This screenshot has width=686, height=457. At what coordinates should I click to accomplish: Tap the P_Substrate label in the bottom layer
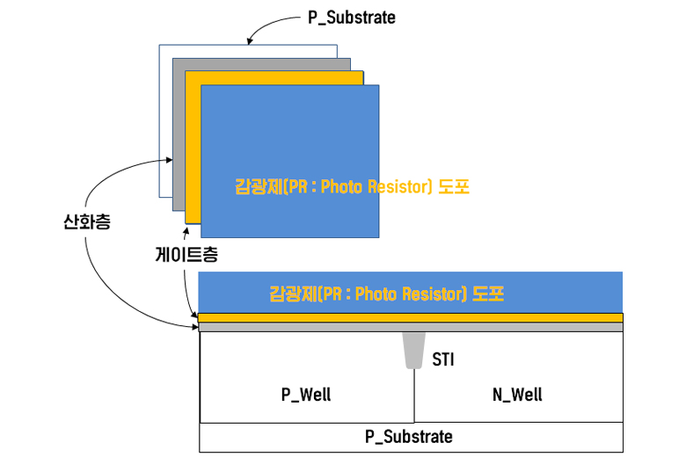pos(409,437)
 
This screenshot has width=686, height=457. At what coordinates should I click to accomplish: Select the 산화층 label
pos(87,222)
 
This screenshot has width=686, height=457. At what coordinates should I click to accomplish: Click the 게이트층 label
pos(186,255)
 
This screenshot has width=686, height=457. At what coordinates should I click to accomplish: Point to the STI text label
pos(443,359)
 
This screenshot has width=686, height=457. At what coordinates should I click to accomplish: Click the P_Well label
pos(306,394)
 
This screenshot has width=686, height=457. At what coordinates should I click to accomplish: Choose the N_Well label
pos(517,394)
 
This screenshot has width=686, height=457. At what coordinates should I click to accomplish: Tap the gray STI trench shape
pos(412,350)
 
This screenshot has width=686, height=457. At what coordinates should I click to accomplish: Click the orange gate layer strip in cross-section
pos(411,317)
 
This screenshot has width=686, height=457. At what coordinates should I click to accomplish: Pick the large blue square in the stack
pos(290,132)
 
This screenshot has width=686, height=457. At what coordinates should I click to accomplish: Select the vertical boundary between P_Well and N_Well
pos(413,395)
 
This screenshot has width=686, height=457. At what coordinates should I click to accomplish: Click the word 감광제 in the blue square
pos(256,186)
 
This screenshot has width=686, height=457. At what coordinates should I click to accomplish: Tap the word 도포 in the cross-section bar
pos(488,293)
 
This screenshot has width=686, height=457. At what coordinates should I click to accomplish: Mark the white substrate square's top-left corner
pos(159,46)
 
